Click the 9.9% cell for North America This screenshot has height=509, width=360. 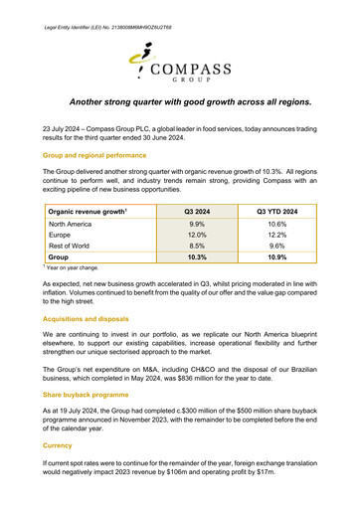pyautogui.click(x=197, y=225)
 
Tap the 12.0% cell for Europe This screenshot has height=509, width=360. pyautogui.click(x=197, y=236)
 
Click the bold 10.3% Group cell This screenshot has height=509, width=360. pyautogui.click(x=197, y=257)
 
